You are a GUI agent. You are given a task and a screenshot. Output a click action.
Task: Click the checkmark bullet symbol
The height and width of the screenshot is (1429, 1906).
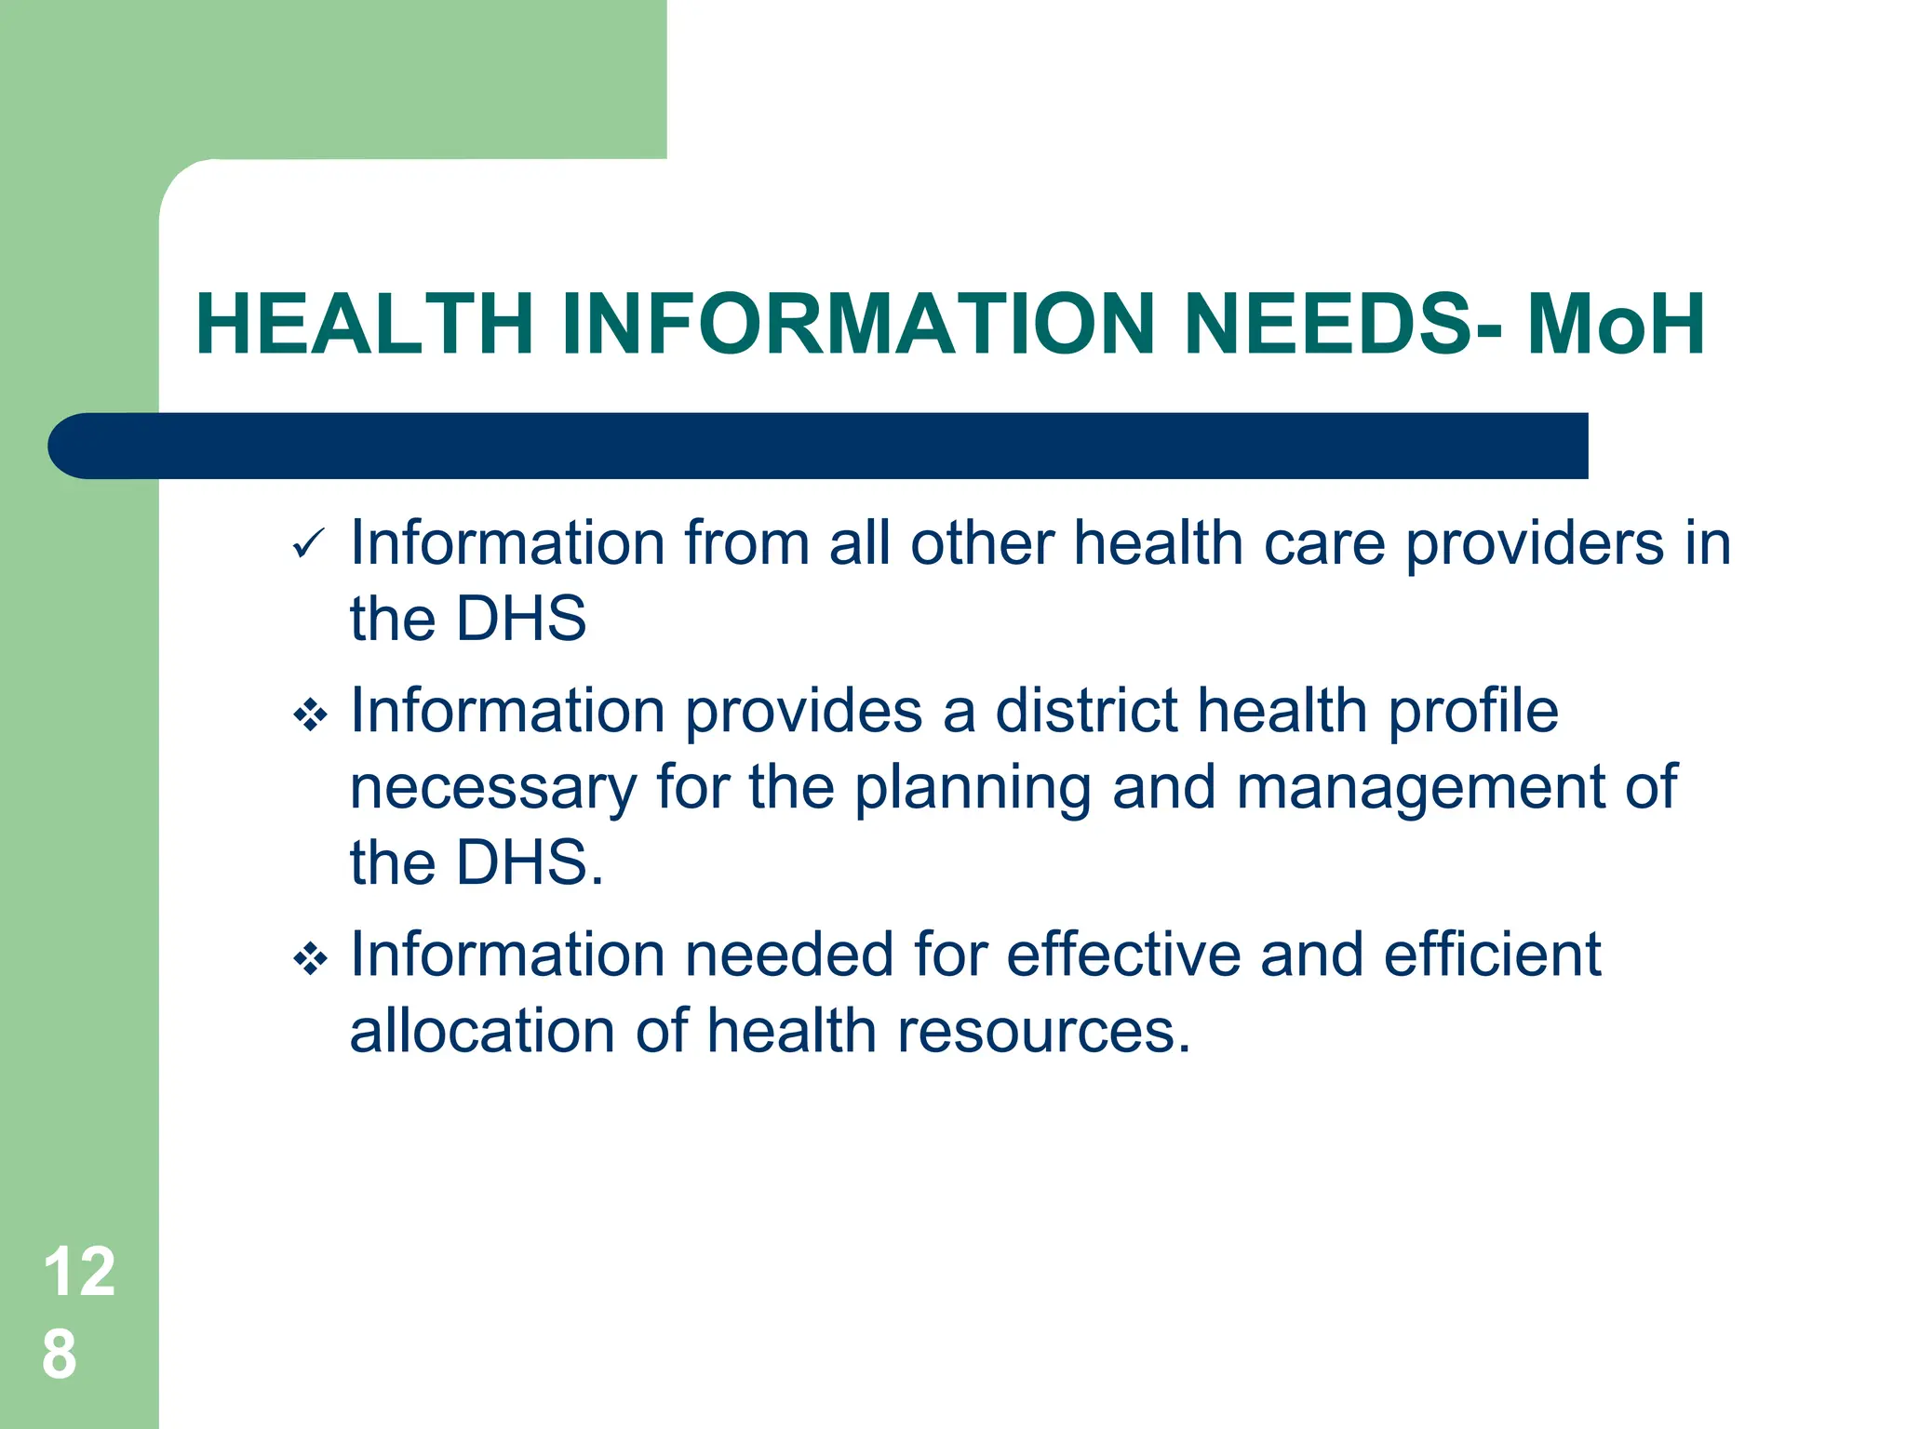[308, 543]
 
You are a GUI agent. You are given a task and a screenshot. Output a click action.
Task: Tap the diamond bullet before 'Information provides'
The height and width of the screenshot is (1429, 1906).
[310, 715]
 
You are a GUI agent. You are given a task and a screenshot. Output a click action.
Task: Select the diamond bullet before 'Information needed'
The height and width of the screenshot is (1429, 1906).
[310, 959]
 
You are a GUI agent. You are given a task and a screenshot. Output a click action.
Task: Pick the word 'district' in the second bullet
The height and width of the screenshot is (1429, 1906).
[1087, 712]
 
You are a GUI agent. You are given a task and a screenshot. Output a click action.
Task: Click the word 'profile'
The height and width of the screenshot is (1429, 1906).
[1472, 713]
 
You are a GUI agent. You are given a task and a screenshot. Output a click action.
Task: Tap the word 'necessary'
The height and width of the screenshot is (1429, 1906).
[492, 789]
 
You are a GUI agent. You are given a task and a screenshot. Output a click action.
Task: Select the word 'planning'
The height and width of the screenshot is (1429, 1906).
[972, 789]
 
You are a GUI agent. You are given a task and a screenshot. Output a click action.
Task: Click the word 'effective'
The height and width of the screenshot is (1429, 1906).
[1123, 955]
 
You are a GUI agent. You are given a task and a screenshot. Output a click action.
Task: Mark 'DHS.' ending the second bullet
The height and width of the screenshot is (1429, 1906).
[530, 863]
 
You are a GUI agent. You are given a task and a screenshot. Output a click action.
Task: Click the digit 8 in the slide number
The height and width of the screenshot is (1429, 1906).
[60, 1355]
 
